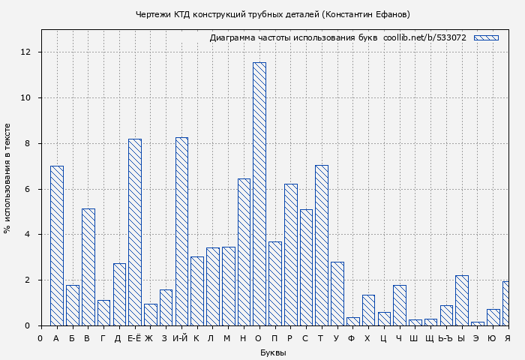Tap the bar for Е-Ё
pyautogui.click(x=135, y=232)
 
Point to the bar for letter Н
pyautogui.click(x=244, y=251)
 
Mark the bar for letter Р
pyautogui.click(x=290, y=254)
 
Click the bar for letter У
pyautogui.click(x=337, y=293)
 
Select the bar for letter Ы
pyautogui.click(x=461, y=300)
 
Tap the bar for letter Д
pyautogui.click(x=119, y=294)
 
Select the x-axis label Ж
pyautogui.click(x=149, y=338)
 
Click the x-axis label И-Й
pyautogui.click(x=180, y=338)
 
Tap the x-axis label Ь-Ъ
pyautogui.click(x=445, y=338)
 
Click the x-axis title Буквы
pyautogui.click(x=273, y=352)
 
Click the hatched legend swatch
pyautogui.click(x=486, y=37)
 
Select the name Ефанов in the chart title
pyautogui.click(x=391, y=14)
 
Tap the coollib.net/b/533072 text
pyautogui.click(x=424, y=37)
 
